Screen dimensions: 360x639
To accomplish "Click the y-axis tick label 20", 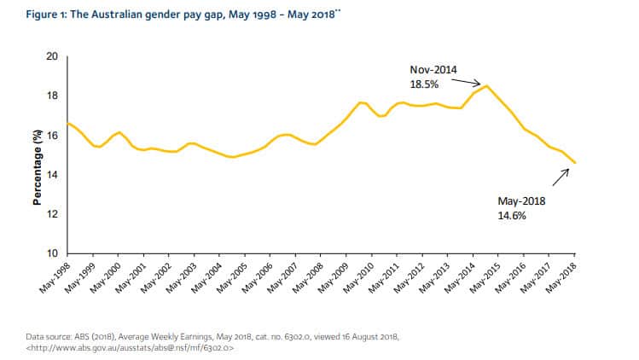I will click(50, 56).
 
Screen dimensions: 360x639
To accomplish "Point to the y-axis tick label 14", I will click(50, 175).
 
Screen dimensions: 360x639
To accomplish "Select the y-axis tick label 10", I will click(50, 253).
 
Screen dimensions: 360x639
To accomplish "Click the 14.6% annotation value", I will click(512, 216).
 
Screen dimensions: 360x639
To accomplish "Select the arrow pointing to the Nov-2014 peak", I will click(467, 82).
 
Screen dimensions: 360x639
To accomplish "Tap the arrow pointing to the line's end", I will click(561, 177).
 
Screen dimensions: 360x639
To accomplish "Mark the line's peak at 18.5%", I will click(485, 85).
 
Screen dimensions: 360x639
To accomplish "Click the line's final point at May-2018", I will click(574, 163).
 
